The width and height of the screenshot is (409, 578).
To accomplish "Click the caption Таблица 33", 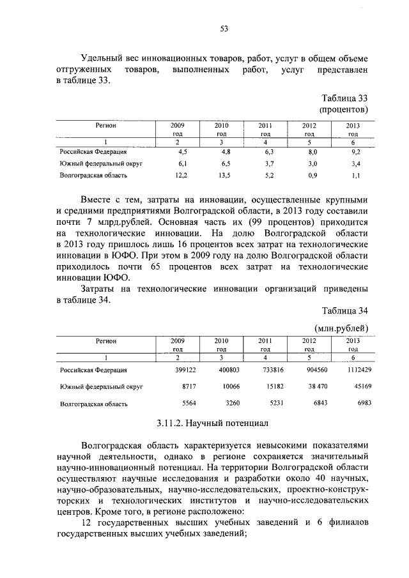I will point(344,98).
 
